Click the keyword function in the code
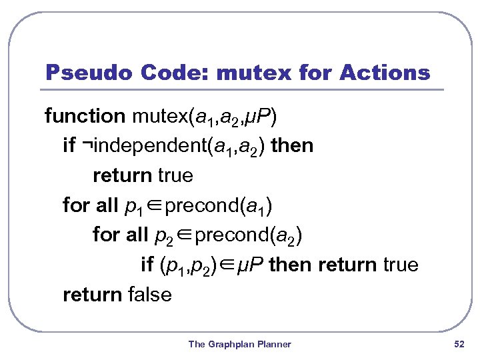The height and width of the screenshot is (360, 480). click(85, 117)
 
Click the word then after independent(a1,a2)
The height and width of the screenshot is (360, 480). click(294, 146)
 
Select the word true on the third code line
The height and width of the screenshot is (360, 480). click(175, 176)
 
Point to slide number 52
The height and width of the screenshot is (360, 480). click(459, 344)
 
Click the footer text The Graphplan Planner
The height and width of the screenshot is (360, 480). click(240, 344)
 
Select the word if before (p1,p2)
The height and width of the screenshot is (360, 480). click(147, 265)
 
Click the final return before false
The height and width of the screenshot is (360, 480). click(92, 295)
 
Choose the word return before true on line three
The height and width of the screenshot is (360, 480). click(122, 176)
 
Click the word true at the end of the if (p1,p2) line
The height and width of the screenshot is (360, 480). click(401, 265)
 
